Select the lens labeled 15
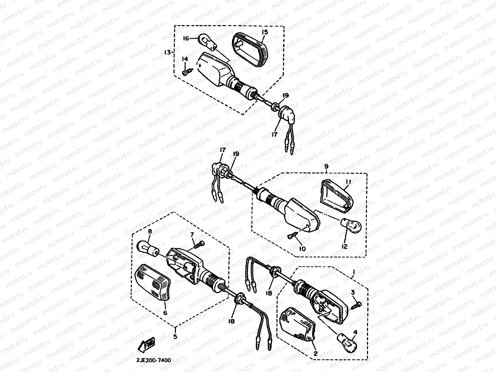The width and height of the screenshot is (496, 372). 251,49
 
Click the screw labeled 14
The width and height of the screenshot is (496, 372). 186,72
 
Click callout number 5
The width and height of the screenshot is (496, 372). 175,337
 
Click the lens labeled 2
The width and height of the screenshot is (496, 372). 299,324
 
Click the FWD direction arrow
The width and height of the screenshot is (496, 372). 147,344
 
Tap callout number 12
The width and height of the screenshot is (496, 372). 344,247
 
